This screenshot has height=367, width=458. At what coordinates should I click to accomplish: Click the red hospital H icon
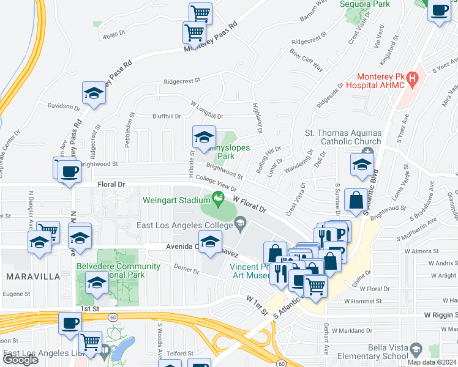[x=413, y=78]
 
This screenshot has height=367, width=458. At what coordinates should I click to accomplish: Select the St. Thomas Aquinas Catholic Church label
[x=343, y=137]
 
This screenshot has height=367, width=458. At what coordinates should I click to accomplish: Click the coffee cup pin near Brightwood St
[x=70, y=170]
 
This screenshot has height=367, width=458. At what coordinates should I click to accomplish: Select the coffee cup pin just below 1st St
[x=70, y=322]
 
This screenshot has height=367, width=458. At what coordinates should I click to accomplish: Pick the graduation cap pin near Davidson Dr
[x=94, y=93]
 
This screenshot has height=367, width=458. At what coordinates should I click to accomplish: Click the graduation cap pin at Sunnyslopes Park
[x=205, y=136]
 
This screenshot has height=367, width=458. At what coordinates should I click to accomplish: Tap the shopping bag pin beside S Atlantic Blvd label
[x=356, y=199]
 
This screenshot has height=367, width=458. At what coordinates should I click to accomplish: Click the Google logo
[x=20, y=360]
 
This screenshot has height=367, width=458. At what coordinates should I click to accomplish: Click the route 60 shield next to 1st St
[x=113, y=317]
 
